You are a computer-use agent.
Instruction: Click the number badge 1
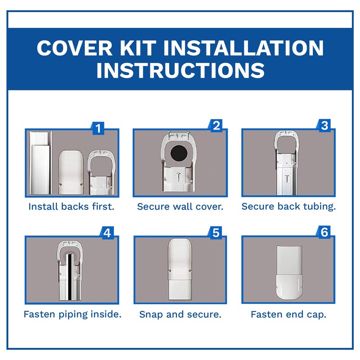[98, 129]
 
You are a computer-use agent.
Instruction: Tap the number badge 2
[216, 126]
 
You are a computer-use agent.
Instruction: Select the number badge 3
[324, 126]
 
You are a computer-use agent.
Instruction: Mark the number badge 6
[324, 233]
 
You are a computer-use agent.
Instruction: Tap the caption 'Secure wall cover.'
[180, 207]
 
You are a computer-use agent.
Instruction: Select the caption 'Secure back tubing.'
[288, 207]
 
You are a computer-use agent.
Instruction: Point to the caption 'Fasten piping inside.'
[72, 314]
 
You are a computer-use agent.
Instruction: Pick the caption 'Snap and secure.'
[180, 314]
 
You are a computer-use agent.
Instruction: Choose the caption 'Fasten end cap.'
[288, 314]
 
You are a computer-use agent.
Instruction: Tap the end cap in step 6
[288, 286]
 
